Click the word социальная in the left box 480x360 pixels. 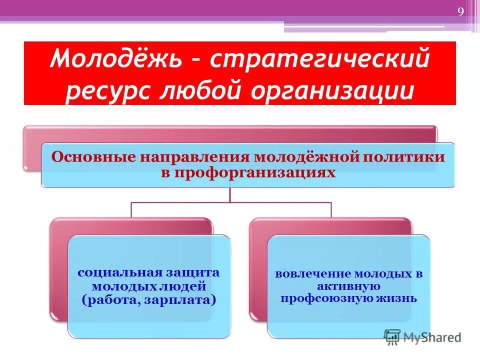click(118, 272)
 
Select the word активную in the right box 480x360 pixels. click(348, 286)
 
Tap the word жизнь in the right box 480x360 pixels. click(400, 298)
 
